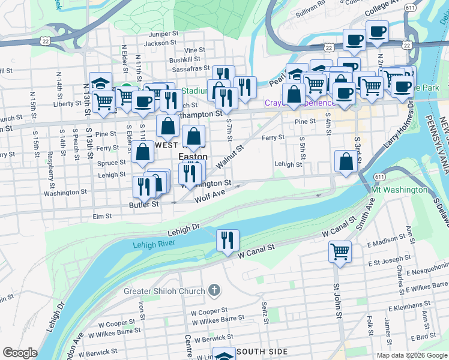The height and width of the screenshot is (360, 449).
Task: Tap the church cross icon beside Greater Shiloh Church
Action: (215, 292)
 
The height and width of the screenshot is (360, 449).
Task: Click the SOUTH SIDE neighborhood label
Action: (262, 352)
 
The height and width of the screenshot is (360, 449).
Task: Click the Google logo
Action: (20, 353)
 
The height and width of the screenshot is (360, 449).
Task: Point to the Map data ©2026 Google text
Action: (412, 355)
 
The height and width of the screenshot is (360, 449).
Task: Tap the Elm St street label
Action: (102, 216)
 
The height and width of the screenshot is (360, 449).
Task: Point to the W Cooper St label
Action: (208, 312)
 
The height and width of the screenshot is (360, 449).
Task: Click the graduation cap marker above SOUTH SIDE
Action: (224, 355)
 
